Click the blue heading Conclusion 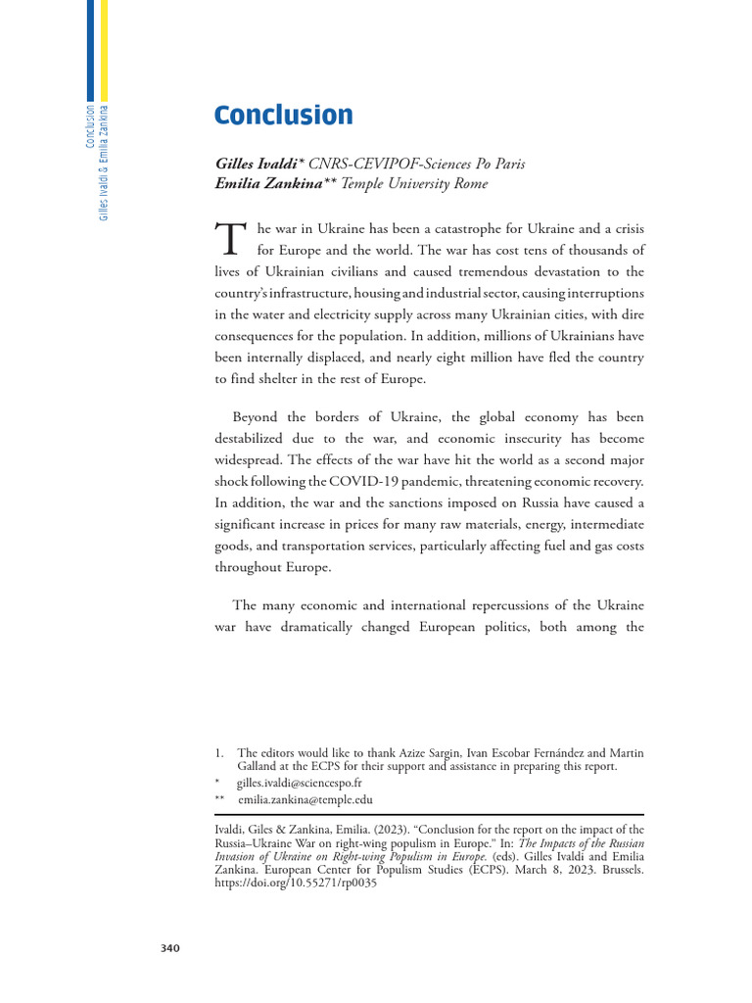[x=284, y=116]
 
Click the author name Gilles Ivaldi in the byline [x=260, y=164]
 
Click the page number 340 [x=169, y=948]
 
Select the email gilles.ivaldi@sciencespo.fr [x=299, y=784]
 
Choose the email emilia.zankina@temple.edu [x=305, y=800]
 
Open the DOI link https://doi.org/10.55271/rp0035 [x=295, y=883]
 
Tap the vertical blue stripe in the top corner [x=91, y=49]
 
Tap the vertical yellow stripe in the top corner [x=105, y=49]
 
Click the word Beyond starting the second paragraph [x=258, y=416]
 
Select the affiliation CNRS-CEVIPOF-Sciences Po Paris [x=416, y=164]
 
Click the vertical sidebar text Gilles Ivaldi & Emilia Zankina [x=104, y=162]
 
